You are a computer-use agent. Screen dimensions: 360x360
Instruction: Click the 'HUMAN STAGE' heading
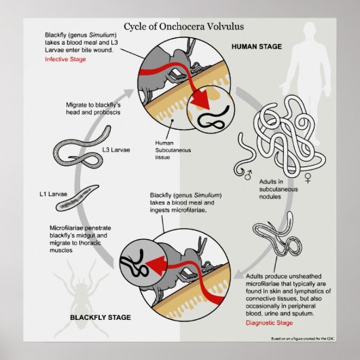[257, 48]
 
